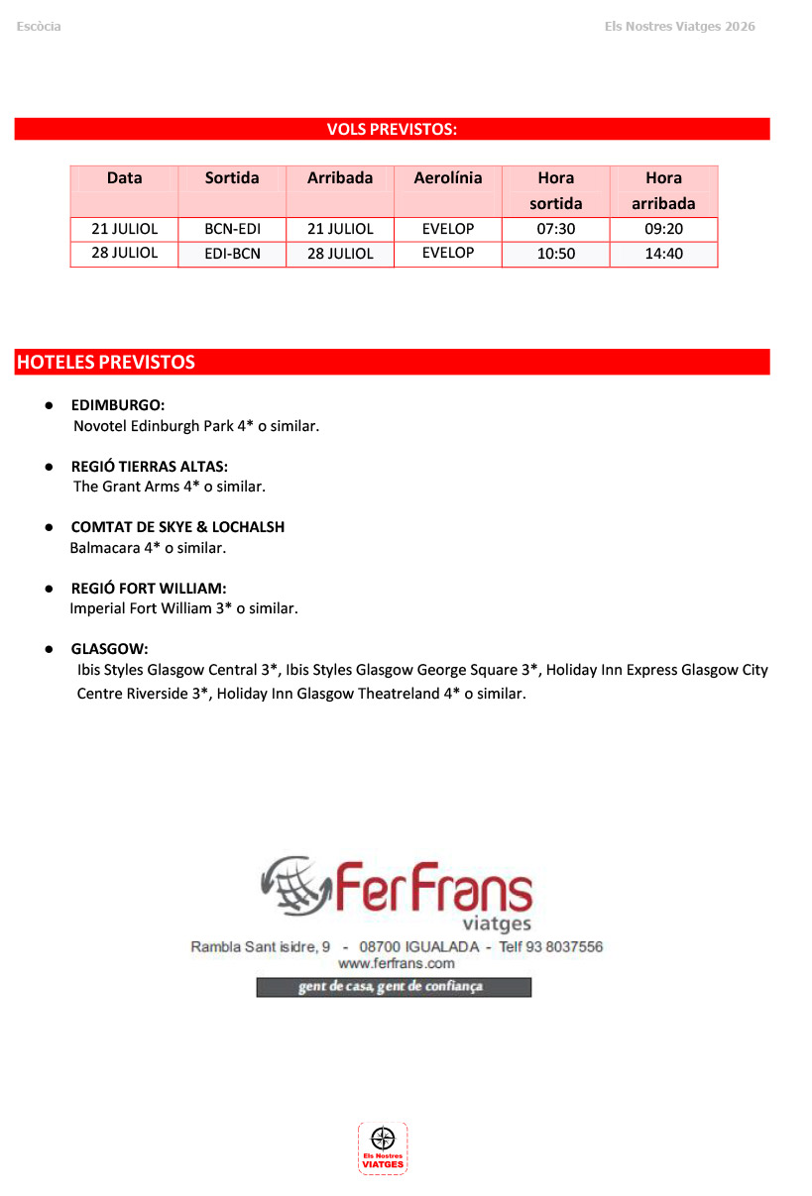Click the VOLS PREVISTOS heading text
click(x=392, y=129)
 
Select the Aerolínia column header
click(x=448, y=178)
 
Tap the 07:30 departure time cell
click(x=555, y=229)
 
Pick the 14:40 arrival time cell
click(x=663, y=254)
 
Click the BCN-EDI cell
click(x=232, y=229)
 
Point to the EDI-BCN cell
click(x=232, y=254)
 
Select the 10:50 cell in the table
click(x=555, y=254)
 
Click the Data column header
click(x=124, y=178)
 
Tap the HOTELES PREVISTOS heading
click(x=105, y=363)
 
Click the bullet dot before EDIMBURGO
click(x=48, y=405)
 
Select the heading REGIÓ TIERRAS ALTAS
click(x=149, y=466)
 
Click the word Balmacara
click(x=104, y=547)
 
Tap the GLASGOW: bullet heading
click(x=109, y=649)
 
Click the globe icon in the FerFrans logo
click(x=294, y=885)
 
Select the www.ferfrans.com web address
click(x=396, y=963)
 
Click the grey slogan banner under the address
click(x=394, y=987)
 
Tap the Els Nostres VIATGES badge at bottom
click(x=383, y=1148)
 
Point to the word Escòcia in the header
click(x=39, y=27)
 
